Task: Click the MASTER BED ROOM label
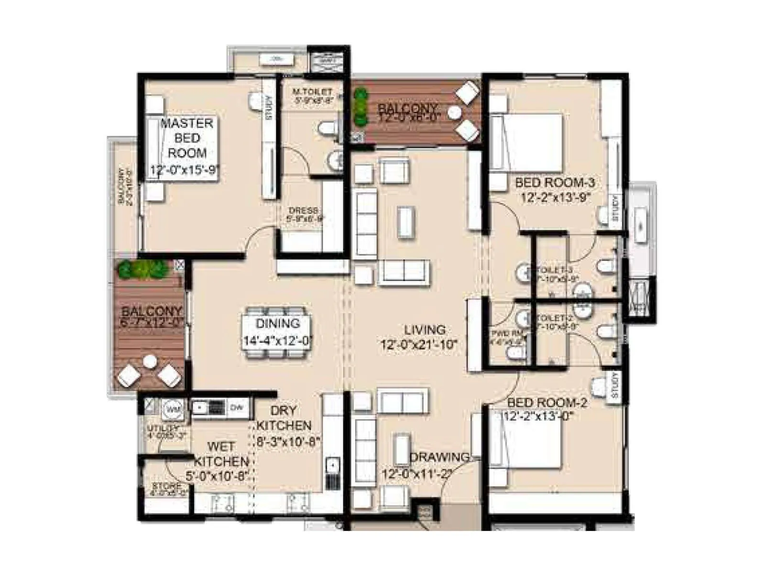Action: pos(187,138)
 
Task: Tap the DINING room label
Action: pos(278,324)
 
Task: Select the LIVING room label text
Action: pos(425,330)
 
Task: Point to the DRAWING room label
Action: pos(439,457)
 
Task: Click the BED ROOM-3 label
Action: pos(555,183)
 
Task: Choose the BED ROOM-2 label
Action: pos(547,403)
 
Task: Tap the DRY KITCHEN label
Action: pos(284,418)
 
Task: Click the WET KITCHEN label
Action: pos(221,454)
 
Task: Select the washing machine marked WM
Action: pos(173,409)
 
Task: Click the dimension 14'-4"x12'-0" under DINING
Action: pos(278,341)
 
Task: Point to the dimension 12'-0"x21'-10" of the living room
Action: pos(419,344)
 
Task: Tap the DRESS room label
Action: pos(303,211)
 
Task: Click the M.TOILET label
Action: pos(312,91)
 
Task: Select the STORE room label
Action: pos(167,486)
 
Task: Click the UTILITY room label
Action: pos(163,428)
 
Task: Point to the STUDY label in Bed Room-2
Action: pos(615,386)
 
